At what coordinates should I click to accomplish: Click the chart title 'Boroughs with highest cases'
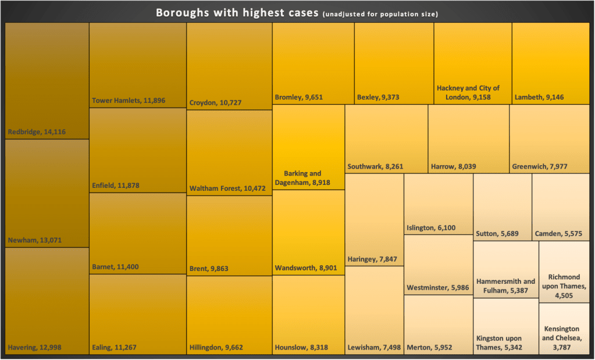(x=237, y=13)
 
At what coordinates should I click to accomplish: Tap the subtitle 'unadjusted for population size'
(x=379, y=14)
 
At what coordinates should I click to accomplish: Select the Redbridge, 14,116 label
(x=37, y=132)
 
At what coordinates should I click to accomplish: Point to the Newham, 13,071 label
(x=35, y=240)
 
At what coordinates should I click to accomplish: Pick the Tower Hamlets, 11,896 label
(x=129, y=101)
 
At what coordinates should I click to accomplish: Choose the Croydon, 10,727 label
(x=215, y=103)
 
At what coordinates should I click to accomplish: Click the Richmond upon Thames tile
(x=564, y=272)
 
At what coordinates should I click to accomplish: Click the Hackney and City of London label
(x=468, y=92)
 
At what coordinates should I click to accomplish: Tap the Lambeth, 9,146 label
(x=539, y=97)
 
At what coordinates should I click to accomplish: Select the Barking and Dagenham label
(x=302, y=178)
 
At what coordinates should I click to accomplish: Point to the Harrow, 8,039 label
(x=454, y=167)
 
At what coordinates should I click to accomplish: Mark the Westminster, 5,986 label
(x=438, y=288)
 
